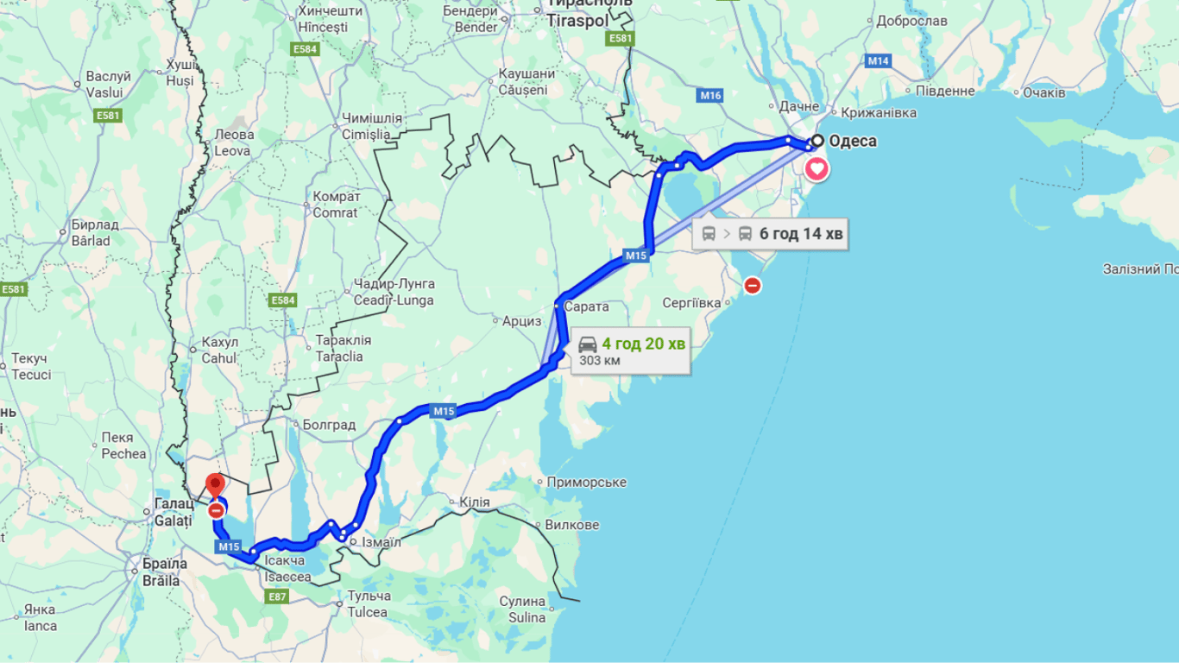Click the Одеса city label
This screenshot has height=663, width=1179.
click(x=852, y=141)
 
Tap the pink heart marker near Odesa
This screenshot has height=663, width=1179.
click(x=816, y=168)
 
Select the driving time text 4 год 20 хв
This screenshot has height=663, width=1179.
click(x=643, y=344)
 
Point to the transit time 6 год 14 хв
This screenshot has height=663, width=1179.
click(x=801, y=233)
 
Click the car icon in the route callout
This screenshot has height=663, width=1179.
click(x=587, y=344)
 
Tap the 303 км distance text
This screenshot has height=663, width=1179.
click(x=599, y=361)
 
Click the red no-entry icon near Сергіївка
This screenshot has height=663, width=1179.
click(x=753, y=285)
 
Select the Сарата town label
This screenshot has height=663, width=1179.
click(x=586, y=306)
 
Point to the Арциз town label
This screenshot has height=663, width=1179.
click(x=522, y=321)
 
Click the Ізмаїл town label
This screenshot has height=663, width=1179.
click(x=381, y=542)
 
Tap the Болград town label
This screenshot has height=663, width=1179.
click(x=329, y=425)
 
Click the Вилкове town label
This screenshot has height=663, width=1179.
click(x=571, y=525)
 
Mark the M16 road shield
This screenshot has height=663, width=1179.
click(x=711, y=96)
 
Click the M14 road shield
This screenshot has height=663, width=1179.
click(x=879, y=60)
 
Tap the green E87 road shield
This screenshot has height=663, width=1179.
click(x=277, y=597)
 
